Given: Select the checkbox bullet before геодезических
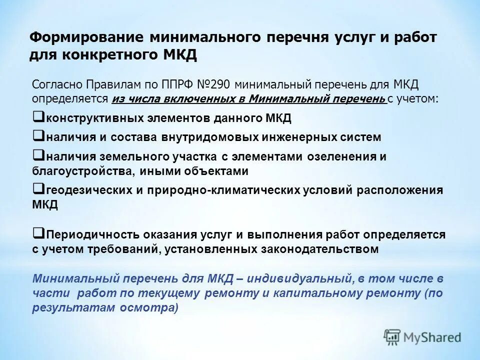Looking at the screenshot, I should [x=37, y=188].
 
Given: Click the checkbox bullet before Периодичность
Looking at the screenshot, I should [x=37, y=232].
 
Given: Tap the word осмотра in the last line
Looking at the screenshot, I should [x=149, y=308].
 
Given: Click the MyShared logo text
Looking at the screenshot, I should [x=432, y=337].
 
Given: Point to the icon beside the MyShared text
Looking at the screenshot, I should [x=392, y=337].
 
